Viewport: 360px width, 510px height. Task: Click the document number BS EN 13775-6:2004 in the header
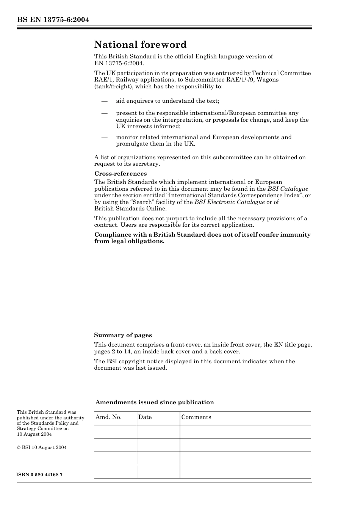tap(53, 20)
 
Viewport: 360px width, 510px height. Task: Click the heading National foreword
tap(140, 45)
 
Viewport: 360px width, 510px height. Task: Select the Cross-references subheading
tap(121, 174)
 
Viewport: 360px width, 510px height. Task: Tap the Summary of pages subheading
tap(123, 335)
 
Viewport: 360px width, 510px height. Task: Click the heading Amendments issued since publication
tap(155, 402)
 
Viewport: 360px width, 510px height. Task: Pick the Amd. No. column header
tap(108, 417)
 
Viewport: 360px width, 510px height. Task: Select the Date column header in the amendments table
tap(145, 417)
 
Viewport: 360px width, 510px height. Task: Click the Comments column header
tap(196, 417)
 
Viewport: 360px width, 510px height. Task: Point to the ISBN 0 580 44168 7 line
tap(39, 475)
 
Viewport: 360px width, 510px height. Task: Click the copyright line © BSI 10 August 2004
tap(41, 447)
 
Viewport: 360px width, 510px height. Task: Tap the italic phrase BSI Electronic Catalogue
tap(229, 202)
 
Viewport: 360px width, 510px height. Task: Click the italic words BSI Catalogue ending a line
tap(288, 189)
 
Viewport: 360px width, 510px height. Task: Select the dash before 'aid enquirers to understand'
tap(104, 101)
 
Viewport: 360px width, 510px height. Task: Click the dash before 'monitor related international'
tap(104, 137)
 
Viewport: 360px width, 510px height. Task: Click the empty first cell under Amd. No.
tap(115, 432)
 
